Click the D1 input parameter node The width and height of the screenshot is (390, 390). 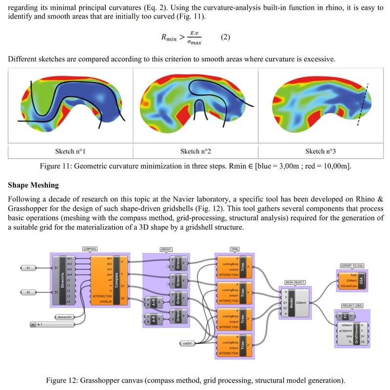(x=28, y=268)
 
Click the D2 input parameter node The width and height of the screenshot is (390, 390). (x=28, y=292)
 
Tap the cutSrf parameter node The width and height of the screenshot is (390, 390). (x=187, y=343)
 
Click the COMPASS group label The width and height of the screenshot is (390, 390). (x=90, y=249)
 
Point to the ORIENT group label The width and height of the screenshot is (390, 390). (x=166, y=249)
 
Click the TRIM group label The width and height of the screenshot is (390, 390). (x=234, y=249)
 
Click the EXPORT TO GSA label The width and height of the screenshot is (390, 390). (x=352, y=266)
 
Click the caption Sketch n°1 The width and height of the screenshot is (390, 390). (x=71, y=151)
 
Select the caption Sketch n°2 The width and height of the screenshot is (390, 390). (x=195, y=151)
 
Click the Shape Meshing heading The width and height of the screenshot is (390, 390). (x=33, y=185)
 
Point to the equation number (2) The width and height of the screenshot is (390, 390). (x=225, y=37)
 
